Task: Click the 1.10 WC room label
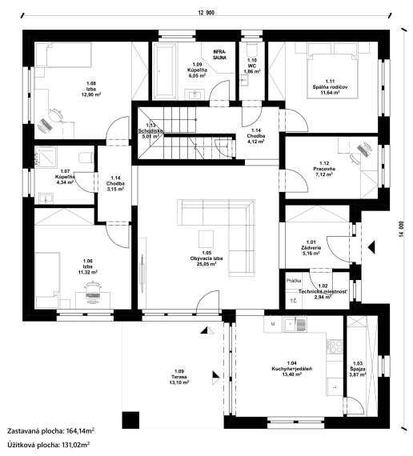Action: pos(251,66)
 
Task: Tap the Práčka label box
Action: pos(294,282)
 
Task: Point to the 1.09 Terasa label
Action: pos(178,377)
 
